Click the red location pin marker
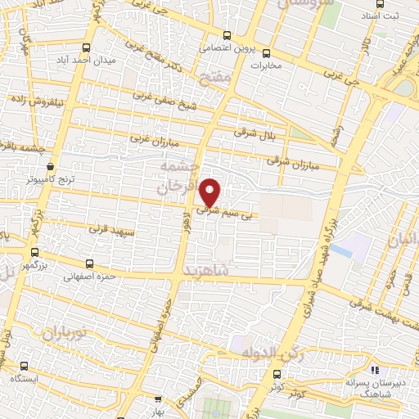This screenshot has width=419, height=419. click(x=210, y=191)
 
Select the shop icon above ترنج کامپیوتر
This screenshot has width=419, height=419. click(x=51, y=164)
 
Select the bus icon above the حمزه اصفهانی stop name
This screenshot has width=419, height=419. click(x=89, y=264)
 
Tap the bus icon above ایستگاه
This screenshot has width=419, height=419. click(x=23, y=366)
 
